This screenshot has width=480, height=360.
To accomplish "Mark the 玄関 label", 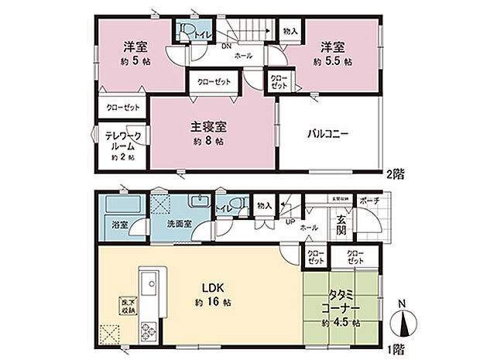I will click(341, 225).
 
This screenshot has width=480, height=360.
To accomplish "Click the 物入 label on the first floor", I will click(264, 205).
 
